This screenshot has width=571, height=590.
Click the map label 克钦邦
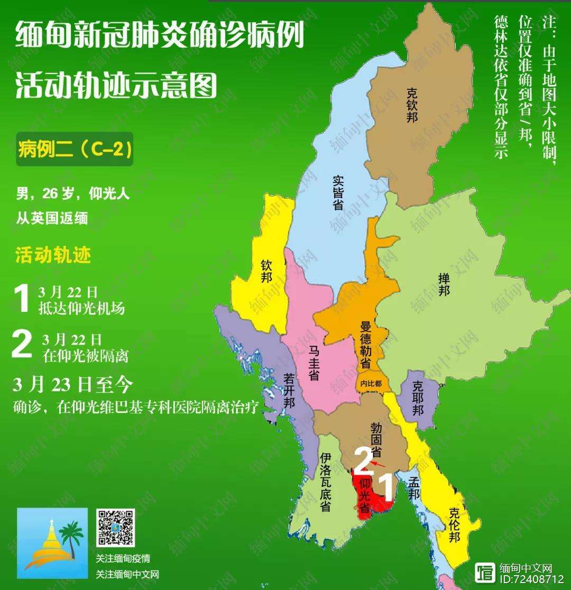[412, 105]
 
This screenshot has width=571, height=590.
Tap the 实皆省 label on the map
[338, 192]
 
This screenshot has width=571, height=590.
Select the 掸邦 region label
[444, 284]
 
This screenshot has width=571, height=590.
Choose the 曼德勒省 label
[365, 344]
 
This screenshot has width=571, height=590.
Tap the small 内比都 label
[371, 383]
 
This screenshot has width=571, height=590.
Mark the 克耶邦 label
[418, 397]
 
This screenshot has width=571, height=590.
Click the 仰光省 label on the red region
[364, 495]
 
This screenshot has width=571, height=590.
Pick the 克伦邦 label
[454, 525]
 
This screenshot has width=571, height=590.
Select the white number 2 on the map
[362, 462]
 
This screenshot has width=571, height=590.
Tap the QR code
[115, 528]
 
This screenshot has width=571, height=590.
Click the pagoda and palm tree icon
[52, 543]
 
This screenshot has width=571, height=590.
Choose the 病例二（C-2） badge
[74, 149]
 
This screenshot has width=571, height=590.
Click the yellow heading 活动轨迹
[53, 255]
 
